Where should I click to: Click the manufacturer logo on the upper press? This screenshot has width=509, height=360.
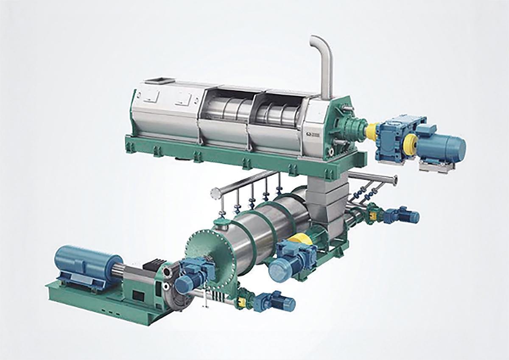[x=313, y=135]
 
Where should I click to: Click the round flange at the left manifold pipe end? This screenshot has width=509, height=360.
[x=216, y=193]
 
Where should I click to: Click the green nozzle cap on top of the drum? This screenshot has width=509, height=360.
[x=221, y=222]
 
